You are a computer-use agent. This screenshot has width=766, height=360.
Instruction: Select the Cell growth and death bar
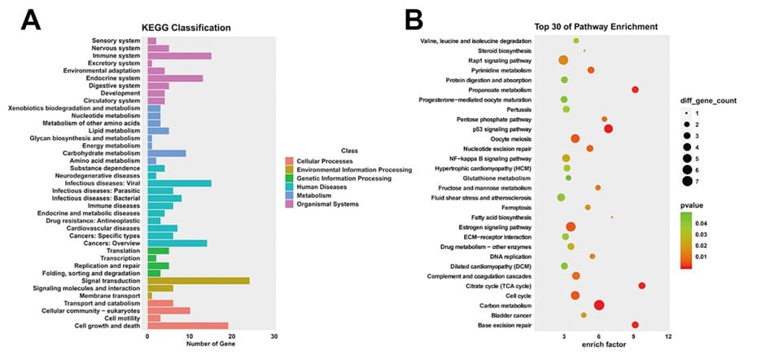coord(187,326)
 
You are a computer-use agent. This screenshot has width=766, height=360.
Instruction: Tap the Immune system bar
coord(179,55)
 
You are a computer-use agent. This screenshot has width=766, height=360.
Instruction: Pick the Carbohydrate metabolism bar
coord(166,152)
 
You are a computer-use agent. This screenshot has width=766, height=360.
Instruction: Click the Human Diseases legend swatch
coord(290,187)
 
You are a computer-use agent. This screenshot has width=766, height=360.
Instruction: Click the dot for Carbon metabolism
coord(599,305)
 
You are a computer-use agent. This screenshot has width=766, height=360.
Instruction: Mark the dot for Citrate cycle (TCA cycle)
coord(642,286)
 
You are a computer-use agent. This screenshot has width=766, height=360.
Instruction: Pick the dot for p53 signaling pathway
coord(608,129)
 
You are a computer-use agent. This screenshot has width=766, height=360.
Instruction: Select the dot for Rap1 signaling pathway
coord(563,60)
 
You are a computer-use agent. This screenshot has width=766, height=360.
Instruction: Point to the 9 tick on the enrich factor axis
coord(634,336)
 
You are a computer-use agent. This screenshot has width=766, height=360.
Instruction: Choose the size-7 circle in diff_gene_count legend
coord(688,181)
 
